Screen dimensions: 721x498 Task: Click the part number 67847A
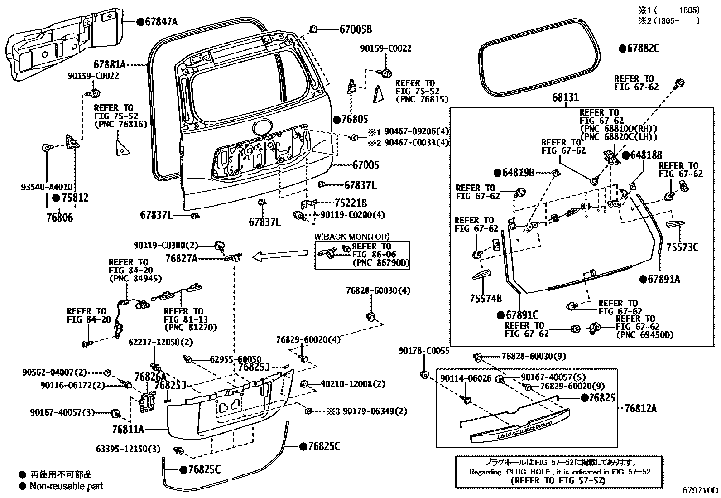[x=161, y=22]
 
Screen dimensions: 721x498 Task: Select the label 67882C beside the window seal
[x=643, y=48]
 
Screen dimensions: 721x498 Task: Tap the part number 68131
[x=565, y=97]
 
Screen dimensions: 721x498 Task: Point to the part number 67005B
[x=356, y=29]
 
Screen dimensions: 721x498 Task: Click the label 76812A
[x=640, y=409]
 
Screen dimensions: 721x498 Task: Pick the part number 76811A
[x=128, y=430]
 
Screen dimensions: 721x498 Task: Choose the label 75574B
[x=485, y=299]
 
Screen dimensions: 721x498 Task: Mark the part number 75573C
[x=683, y=247]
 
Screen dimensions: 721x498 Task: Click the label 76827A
[x=182, y=258]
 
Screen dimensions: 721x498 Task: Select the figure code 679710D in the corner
[x=701, y=490]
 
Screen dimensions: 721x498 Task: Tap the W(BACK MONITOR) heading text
[x=352, y=237]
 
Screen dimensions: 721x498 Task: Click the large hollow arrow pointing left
[x=280, y=255]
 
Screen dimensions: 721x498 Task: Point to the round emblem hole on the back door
[x=263, y=128]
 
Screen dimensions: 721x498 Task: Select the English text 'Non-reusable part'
[x=66, y=486]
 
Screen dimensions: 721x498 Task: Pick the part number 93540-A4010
[x=47, y=187]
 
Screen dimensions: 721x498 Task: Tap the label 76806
[x=59, y=218]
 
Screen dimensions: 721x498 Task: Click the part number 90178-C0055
[x=424, y=351]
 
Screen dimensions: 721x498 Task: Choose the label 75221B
[x=351, y=203]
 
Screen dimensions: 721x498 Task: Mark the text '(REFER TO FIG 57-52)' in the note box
[x=558, y=480]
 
